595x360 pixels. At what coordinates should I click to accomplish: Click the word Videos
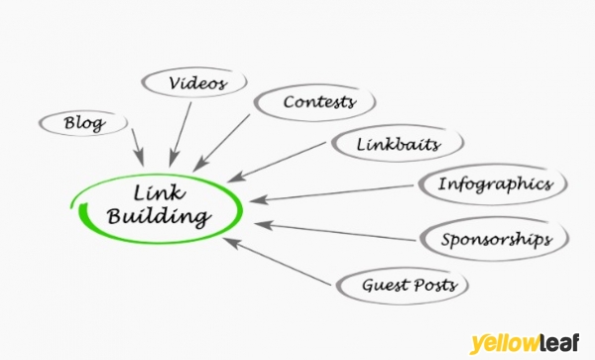click(x=198, y=82)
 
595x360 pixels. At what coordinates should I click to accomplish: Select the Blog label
click(x=84, y=123)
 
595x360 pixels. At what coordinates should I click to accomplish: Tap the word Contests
click(x=319, y=102)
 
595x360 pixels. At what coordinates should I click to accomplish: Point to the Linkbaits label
click(x=399, y=144)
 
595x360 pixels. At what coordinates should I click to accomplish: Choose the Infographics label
click(x=496, y=184)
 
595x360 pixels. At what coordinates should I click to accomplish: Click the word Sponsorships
click(x=496, y=240)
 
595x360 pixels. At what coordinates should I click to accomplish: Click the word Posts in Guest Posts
click(x=435, y=285)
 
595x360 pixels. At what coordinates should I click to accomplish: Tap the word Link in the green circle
click(x=160, y=192)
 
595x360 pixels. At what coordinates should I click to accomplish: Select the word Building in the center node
click(x=159, y=217)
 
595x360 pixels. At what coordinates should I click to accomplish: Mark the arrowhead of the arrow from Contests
click(x=199, y=165)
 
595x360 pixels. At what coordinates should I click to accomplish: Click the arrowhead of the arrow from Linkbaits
click(x=237, y=177)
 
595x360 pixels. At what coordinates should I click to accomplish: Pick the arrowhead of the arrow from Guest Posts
click(x=231, y=242)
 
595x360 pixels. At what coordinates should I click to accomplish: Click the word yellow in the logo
click(x=504, y=344)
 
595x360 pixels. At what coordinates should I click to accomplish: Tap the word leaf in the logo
click(x=558, y=342)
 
